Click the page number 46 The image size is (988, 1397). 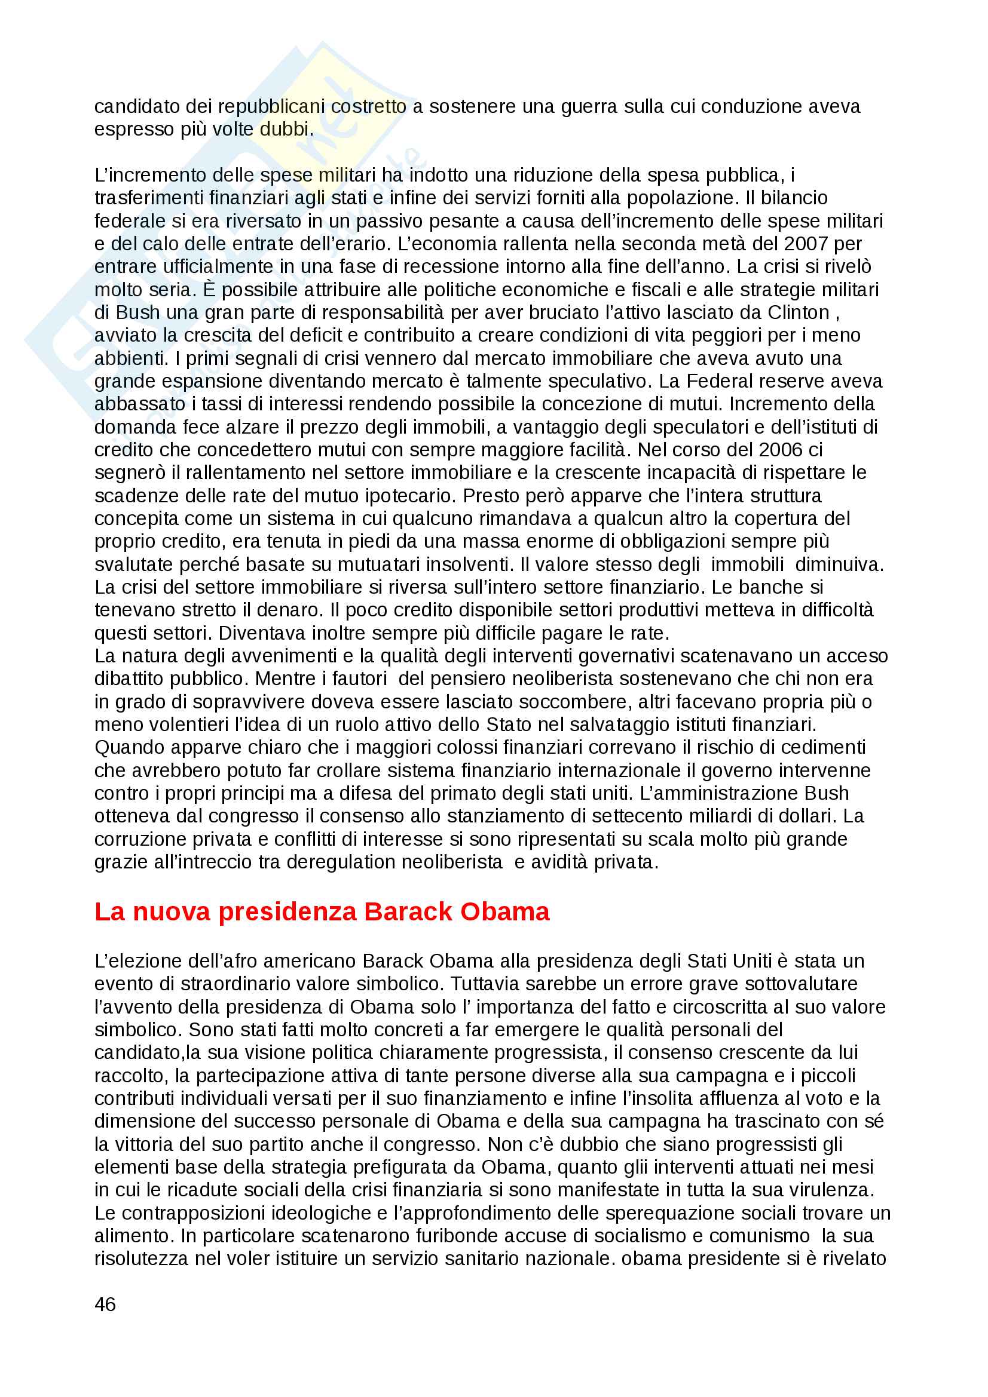point(105,1304)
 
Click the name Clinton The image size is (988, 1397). point(798,312)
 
